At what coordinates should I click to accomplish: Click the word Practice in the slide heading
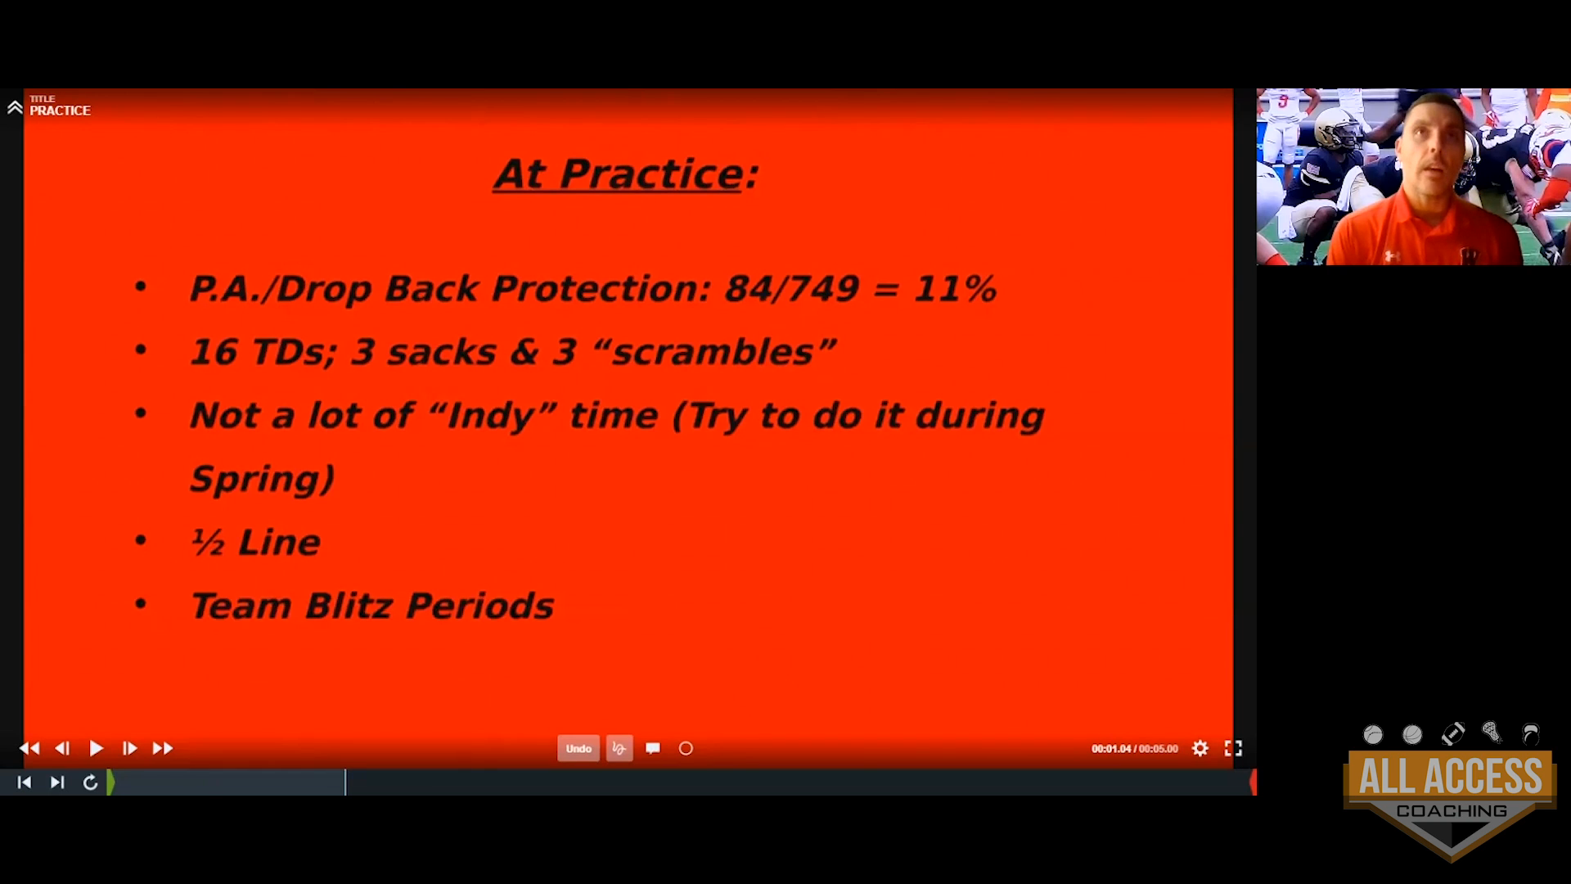[651, 174]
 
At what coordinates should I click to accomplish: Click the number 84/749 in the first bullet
[791, 288]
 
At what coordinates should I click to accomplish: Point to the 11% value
[955, 288]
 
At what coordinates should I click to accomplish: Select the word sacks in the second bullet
[441, 352]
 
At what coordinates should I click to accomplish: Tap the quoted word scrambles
[713, 351]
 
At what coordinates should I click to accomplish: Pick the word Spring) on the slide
[262, 479]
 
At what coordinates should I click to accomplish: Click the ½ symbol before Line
[207, 542]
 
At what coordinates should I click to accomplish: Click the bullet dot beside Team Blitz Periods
[141, 604]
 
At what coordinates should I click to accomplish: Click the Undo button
[578, 748]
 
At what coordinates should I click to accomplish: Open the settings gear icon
[1200, 748]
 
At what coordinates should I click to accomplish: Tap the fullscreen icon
[1233, 748]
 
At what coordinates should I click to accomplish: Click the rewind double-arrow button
[29, 748]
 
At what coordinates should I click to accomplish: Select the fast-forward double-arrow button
[163, 748]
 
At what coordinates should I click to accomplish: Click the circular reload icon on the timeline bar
[91, 783]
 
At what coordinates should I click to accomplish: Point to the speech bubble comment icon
[653, 748]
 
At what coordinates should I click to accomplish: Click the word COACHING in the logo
[1452, 811]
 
